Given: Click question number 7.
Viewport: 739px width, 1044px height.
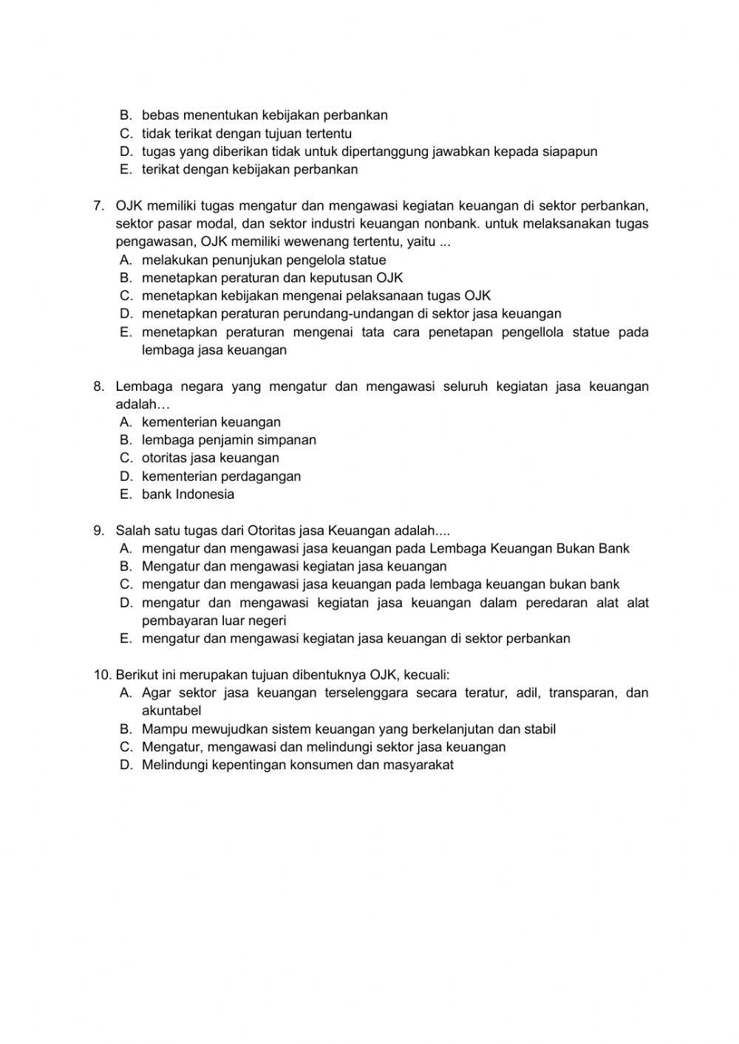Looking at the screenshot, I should click(x=99, y=205).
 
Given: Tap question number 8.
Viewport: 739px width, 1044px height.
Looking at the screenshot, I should click(x=99, y=386).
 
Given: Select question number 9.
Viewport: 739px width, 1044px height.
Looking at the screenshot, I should click(x=99, y=530).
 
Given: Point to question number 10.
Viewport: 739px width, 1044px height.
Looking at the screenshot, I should click(x=101, y=675).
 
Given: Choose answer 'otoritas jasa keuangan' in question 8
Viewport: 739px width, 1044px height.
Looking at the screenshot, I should click(x=210, y=458).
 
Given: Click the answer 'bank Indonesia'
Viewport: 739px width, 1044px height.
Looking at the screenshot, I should click(x=188, y=494).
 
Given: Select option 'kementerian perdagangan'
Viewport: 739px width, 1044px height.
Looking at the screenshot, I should click(x=221, y=477).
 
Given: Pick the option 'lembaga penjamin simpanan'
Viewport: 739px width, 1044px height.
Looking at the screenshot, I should click(x=228, y=440).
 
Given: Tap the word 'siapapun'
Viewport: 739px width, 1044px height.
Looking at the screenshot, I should click(x=570, y=151).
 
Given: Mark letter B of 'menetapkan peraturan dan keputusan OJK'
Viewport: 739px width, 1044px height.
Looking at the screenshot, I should click(x=125, y=279).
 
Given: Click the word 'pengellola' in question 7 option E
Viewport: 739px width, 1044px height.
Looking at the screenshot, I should click(x=533, y=332).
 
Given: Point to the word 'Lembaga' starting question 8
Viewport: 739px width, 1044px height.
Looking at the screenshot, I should click(x=144, y=386).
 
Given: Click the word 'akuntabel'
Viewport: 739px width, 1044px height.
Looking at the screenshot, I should click(x=171, y=711).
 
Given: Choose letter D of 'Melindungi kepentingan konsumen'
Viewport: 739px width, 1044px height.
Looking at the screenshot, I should click(x=125, y=765).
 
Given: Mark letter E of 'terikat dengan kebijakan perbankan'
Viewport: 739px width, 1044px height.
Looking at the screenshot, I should click(x=125, y=170).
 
